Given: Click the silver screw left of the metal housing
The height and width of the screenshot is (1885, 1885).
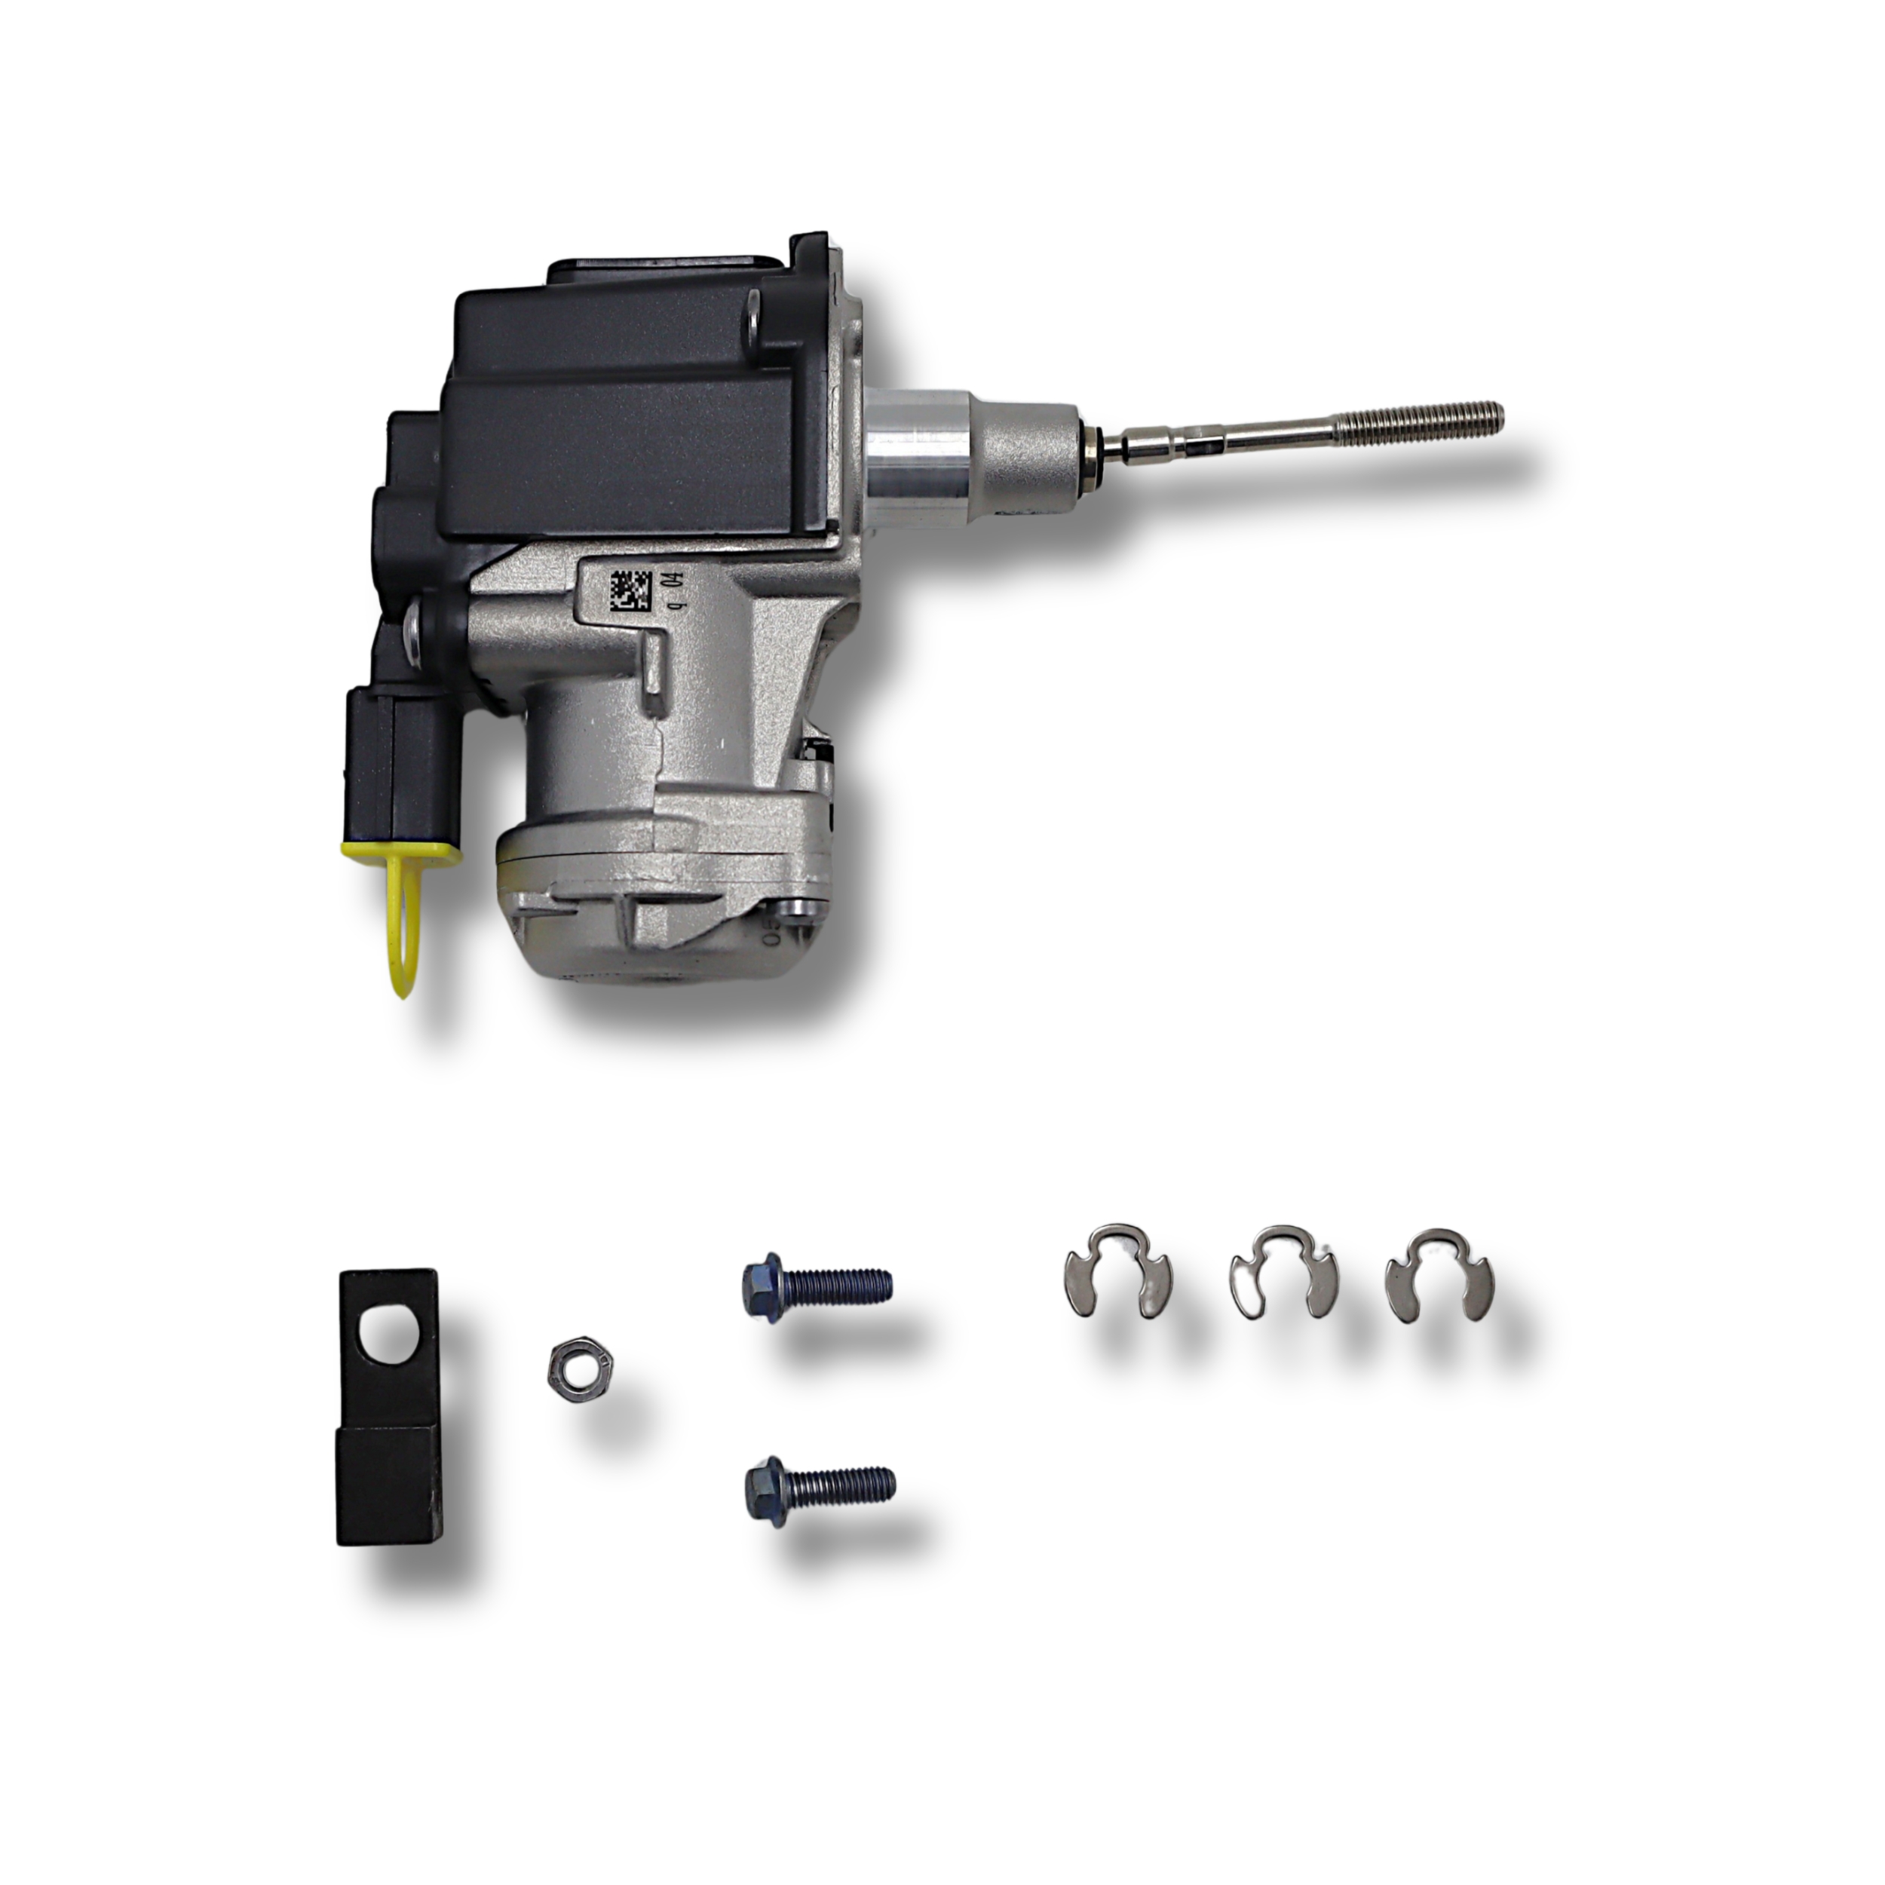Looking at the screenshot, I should click(x=417, y=634).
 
